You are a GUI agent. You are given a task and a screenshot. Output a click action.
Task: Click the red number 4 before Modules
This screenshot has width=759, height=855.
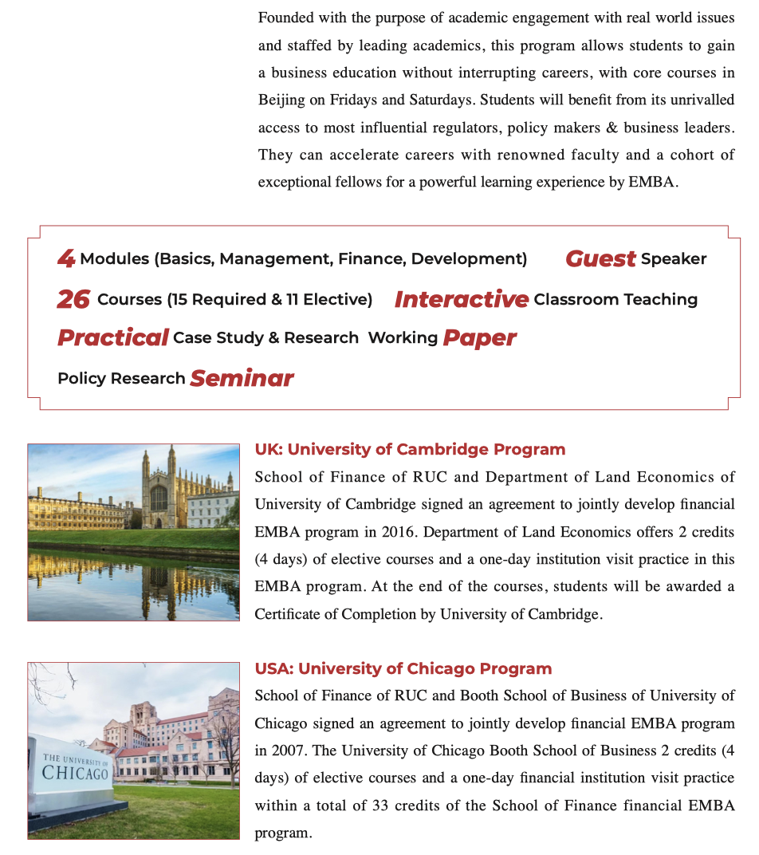[66, 258]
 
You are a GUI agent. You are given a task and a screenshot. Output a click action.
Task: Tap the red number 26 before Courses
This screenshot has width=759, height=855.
[73, 299]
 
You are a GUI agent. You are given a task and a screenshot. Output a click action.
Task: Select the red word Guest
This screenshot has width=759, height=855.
[600, 258]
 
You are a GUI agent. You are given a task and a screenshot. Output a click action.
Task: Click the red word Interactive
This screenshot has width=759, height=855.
[461, 299]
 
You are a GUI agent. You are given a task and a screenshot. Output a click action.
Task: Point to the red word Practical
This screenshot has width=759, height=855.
[112, 337]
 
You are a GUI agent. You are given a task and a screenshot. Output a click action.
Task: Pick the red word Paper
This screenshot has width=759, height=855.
[479, 337]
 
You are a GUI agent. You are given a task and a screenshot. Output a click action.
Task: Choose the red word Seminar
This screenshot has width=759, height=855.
[242, 378]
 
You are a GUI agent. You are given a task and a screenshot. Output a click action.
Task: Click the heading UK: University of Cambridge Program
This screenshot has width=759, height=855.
[410, 449]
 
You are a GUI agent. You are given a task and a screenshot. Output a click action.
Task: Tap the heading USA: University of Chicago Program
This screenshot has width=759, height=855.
[403, 668]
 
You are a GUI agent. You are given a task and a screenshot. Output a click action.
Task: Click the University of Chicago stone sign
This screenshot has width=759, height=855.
[74, 769]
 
